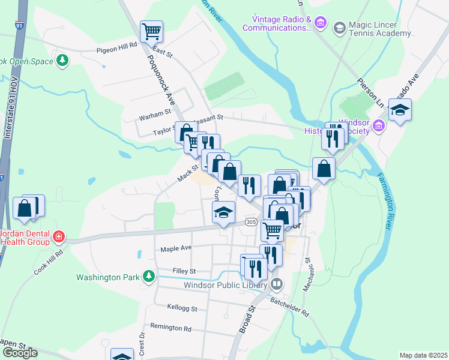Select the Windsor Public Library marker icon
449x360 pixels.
(x=277, y=283)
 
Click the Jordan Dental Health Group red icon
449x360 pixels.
(x=58, y=236)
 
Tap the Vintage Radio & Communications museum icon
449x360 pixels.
(x=321, y=23)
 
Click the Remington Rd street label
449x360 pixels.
(x=170, y=328)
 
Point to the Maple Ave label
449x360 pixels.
(x=176, y=248)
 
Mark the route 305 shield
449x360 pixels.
(x=251, y=223)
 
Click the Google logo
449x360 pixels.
(x=20, y=353)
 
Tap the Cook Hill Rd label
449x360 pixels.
(x=49, y=262)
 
